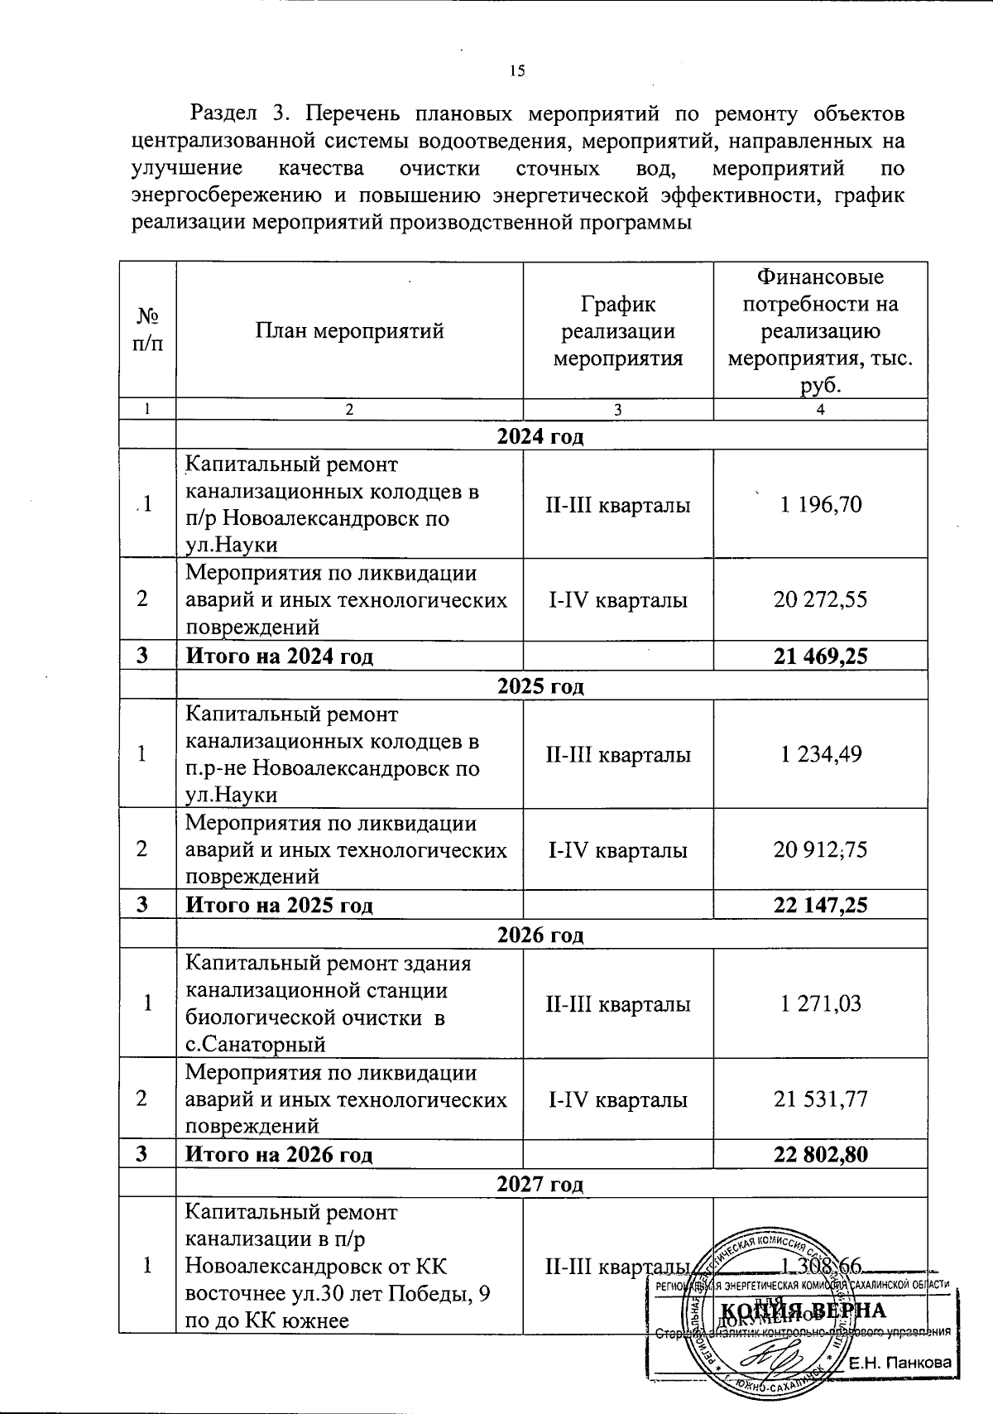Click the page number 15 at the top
click(x=517, y=71)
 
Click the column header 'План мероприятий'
click(x=349, y=332)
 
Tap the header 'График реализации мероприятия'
click(x=617, y=331)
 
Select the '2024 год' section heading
click(x=540, y=436)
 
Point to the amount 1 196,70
click(x=820, y=504)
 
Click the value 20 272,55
click(x=820, y=599)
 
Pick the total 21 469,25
click(x=820, y=656)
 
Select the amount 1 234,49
click(x=820, y=754)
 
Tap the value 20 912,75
click(x=820, y=849)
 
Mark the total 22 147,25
click(x=820, y=906)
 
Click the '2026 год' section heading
click(x=540, y=935)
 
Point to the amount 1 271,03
click(x=820, y=1003)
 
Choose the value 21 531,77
click(x=820, y=1099)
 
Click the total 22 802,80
click(x=820, y=1154)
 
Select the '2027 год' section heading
click(x=540, y=1184)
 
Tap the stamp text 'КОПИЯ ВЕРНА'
click(x=804, y=1311)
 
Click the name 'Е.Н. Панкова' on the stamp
click(x=900, y=1363)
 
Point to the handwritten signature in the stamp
click(x=770, y=1358)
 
